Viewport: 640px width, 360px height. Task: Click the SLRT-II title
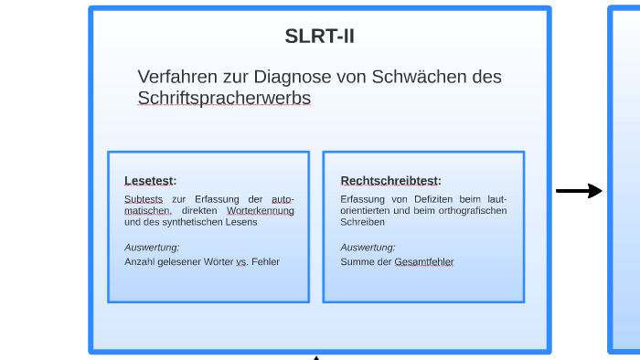tap(319, 37)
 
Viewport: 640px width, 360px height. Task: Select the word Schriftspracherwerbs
tap(224, 98)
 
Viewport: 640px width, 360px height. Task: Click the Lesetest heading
tap(150, 180)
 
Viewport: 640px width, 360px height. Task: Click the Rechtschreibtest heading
tap(390, 180)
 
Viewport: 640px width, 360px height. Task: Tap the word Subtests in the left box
tap(143, 199)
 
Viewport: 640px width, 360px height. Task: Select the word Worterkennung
tap(261, 210)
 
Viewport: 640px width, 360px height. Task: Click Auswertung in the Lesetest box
tap(152, 247)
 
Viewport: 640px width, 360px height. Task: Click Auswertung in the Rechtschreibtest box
tap(368, 247)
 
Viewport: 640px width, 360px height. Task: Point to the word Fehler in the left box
tap(265, 261)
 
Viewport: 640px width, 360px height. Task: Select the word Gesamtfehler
tap(423, 261)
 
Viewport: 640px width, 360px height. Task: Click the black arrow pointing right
tap(579, 191)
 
